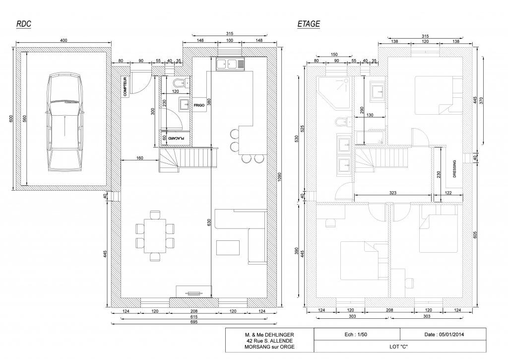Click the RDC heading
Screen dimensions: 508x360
point(24,24)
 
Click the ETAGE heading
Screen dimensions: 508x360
point(309,24)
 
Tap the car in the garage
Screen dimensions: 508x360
point(65,122)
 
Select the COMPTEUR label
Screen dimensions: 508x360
point(125,86)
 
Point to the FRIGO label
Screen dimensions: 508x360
point(199,105)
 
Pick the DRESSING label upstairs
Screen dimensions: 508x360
point(454,169)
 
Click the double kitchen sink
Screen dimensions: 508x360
point(230,64)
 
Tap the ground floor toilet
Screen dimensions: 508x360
point(181,82)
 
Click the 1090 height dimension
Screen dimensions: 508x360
point(279,177)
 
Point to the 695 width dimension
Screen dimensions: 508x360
point(194,322)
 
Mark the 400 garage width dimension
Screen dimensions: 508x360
point(64,41)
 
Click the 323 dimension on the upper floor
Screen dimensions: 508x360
point(393,193)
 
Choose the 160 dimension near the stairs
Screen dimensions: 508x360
point(139,158)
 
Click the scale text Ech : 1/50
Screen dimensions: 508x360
point(356,334)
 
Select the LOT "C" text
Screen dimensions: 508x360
point(398,347)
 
